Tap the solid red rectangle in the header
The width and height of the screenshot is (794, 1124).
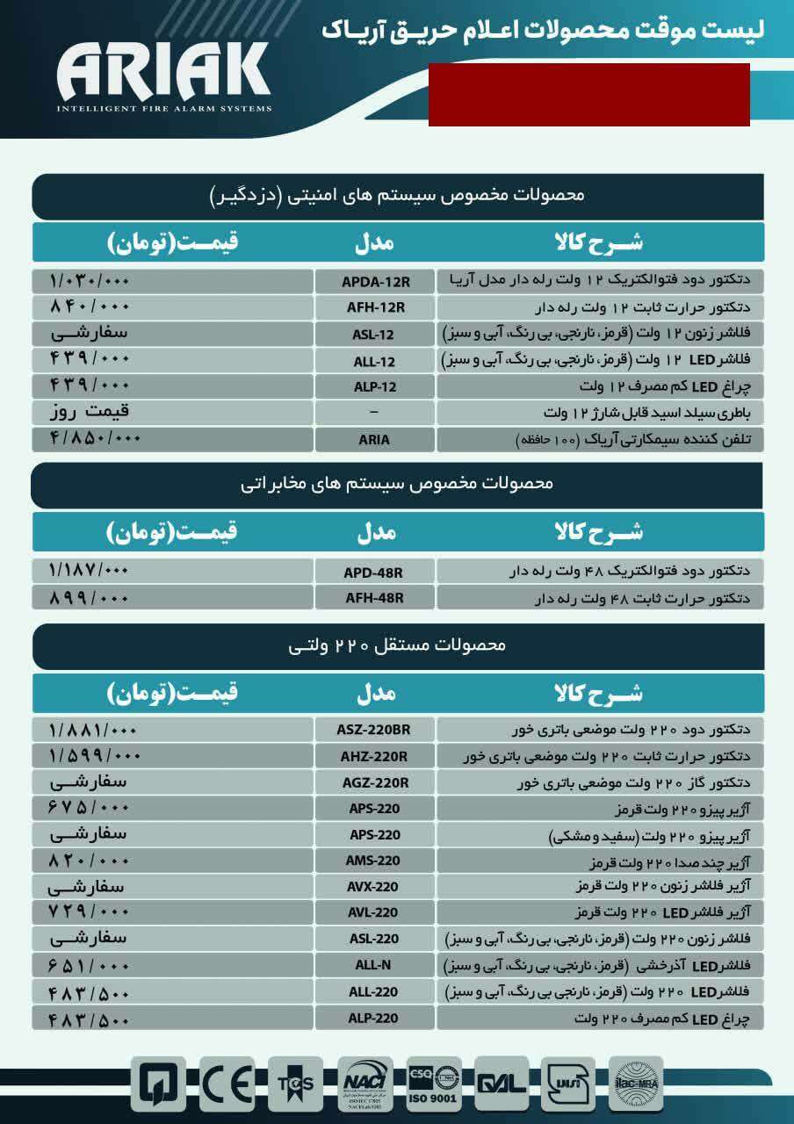(588, 95)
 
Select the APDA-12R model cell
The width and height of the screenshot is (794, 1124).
(375, 282)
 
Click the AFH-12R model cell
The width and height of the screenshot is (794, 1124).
(375, 307)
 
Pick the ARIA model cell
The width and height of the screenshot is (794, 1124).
(375, 439)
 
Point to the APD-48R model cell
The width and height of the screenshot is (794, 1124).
(375, 573)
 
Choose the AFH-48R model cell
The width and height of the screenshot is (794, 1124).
(375, 598)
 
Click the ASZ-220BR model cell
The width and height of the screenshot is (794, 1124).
(375, 730)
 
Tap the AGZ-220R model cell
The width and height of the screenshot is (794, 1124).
(375, 782)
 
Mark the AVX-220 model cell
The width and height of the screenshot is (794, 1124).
(375, 886)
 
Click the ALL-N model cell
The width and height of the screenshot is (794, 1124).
(375, 965)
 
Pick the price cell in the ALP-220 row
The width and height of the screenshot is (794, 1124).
(172, 1018)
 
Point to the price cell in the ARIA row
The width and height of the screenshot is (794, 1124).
(172, 438)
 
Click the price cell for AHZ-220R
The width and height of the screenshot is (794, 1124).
(172, 755)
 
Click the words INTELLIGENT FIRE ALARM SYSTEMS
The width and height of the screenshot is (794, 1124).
(163, 109)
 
